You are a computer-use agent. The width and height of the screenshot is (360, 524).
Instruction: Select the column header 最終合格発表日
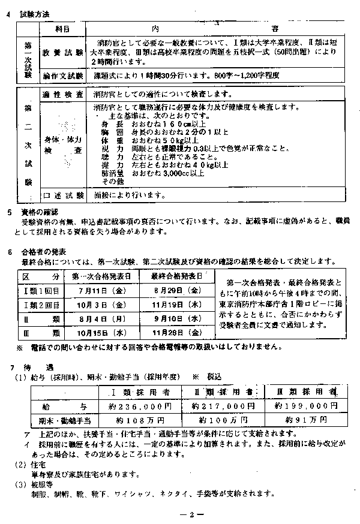(176, 276)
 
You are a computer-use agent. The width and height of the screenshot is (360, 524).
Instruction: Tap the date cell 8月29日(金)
(176, 290)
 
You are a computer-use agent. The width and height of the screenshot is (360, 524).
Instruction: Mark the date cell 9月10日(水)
(176, 318)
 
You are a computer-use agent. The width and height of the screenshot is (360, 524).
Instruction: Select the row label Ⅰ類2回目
(41, 304)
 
